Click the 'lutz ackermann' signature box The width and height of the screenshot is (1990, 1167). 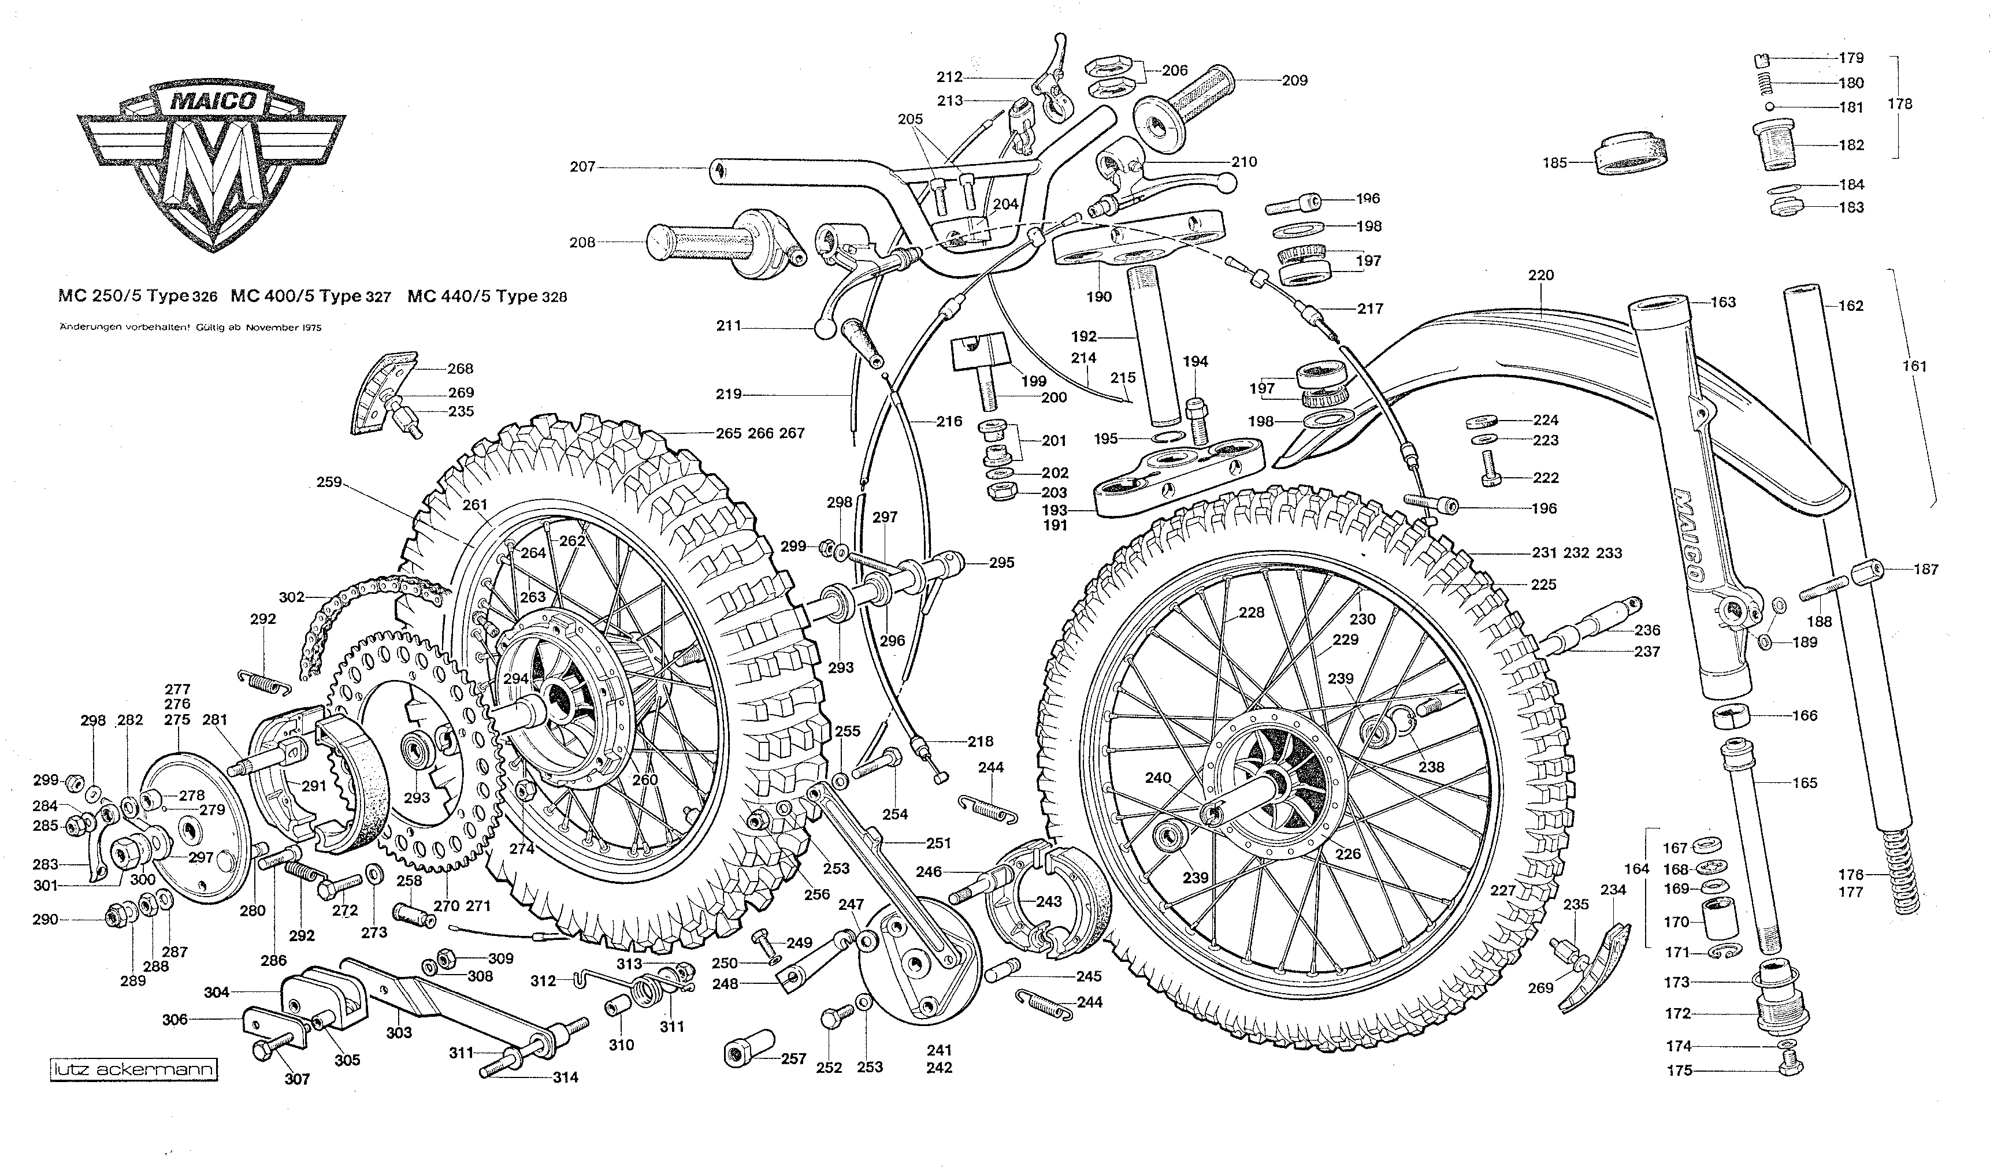133,1071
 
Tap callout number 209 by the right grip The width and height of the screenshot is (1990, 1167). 1294,80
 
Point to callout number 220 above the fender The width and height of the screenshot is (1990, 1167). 1540,276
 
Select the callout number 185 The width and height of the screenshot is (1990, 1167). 1554,163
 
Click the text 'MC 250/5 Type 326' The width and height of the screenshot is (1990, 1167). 138,297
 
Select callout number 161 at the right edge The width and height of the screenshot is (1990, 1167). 1914,366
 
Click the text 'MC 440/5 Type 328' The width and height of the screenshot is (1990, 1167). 487,297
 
